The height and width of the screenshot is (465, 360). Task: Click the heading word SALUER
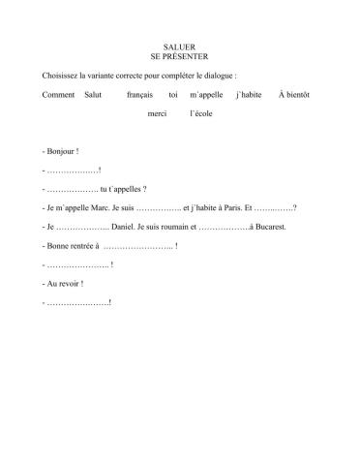click(x=180, y=46)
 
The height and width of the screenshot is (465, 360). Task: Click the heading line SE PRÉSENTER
click(x=180, y=56)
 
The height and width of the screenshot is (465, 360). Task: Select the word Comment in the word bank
click(x=59, y=94)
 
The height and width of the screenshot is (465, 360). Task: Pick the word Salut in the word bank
click(x=94, y=94)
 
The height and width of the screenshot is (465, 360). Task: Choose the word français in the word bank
click(x=140, y=94)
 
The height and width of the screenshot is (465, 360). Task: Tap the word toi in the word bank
click(x=173, y=94)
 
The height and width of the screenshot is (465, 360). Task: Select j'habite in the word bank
click(x=250, y=94)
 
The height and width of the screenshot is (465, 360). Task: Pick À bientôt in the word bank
click(x=295, y=94)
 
